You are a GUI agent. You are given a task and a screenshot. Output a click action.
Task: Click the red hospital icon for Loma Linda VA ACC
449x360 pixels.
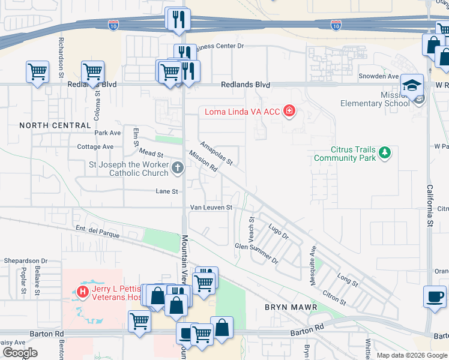point(289,111)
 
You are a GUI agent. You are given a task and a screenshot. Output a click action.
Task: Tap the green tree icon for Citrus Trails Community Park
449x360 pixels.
point(384,154)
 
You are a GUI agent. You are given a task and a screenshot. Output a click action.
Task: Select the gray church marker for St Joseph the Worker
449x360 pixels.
point(177,168)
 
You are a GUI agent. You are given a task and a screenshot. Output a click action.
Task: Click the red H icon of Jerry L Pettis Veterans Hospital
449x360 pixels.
point(83,292)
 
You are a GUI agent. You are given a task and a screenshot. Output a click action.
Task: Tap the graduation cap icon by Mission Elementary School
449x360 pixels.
point(412,85)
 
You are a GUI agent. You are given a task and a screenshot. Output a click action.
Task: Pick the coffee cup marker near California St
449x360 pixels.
point(434,296)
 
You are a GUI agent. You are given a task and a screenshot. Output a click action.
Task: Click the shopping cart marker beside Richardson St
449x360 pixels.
point(37,72)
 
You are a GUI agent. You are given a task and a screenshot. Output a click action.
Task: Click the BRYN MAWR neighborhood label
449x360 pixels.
point(286,307)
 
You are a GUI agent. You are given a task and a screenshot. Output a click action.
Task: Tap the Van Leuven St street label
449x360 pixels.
point(211,208)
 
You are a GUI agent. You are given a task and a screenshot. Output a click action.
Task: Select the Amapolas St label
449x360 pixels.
point(216,154)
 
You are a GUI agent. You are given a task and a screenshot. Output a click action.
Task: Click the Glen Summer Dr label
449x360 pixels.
point(256,253)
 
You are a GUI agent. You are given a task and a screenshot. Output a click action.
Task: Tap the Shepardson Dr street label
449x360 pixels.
point(25,261)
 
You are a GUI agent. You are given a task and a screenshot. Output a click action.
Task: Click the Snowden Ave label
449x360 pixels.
point(378,76)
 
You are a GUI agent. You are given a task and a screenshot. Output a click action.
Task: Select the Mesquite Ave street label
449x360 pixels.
point(313,258)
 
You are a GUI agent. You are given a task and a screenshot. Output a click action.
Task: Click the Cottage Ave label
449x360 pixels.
point(95,146)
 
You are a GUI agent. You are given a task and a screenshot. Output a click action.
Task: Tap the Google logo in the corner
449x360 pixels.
point(20,353)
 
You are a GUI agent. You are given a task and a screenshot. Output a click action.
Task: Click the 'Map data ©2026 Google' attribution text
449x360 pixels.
point(412,355)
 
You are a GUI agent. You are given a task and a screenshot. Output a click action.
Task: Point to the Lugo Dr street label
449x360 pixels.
point(279,232)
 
